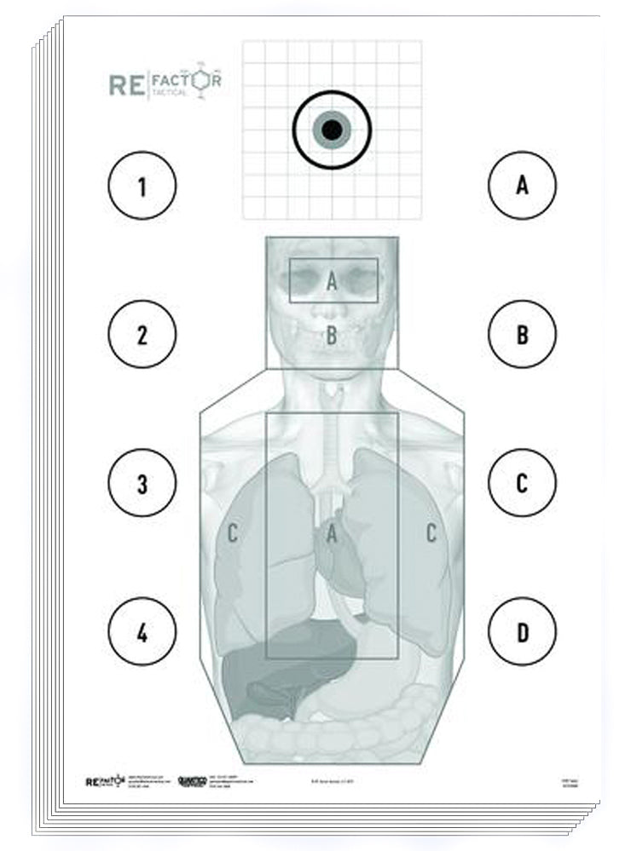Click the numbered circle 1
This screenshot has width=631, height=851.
point(142,186)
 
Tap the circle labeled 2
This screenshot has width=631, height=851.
point(142,335)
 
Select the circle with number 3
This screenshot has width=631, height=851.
point(142,484)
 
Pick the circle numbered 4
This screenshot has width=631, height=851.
point(142,632)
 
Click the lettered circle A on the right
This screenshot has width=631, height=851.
point(522,186)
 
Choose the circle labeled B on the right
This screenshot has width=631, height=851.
point(522,335)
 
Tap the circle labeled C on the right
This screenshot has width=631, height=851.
point(522,483)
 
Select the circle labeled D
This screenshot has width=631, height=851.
point(522,632)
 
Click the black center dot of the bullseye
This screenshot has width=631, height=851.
point(332,129)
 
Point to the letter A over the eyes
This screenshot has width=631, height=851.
point(332,280)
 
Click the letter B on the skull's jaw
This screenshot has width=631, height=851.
point(332,336)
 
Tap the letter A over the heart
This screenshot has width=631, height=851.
point(332,535)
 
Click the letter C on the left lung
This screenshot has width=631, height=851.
point(232,535)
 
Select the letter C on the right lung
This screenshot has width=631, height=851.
point(431,535)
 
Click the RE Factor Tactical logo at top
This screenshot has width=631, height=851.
point(165,83)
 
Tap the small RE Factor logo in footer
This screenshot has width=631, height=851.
point(106,781)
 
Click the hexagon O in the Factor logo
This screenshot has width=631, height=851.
point(200,80)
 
